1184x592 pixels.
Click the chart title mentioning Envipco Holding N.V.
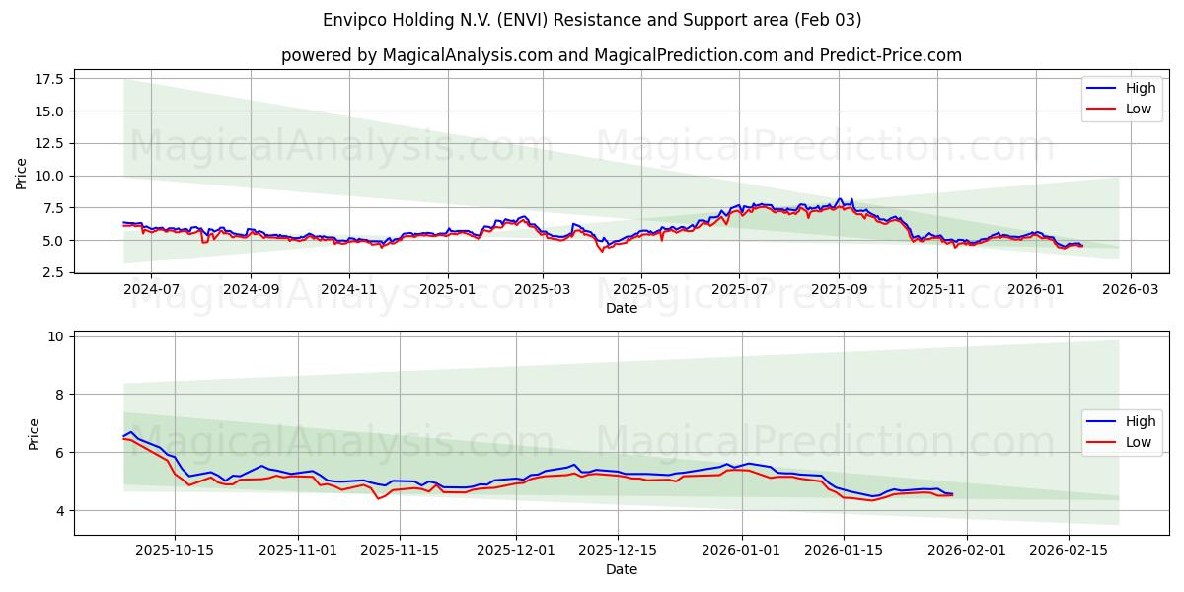(x=592, y=20)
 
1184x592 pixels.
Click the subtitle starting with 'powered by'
(x=622, y=55)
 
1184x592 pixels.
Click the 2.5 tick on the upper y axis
(x=53, y=272)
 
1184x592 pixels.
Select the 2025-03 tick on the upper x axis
(x=543, y=289)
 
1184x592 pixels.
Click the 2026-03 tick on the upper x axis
(x=1130, y=289)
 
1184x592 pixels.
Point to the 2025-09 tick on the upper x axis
(x=838, y=289)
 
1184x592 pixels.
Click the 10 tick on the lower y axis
(x=55, y=336)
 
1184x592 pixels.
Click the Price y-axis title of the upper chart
(x=22, y=174)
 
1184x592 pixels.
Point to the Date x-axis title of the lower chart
(x=622, y=569)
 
